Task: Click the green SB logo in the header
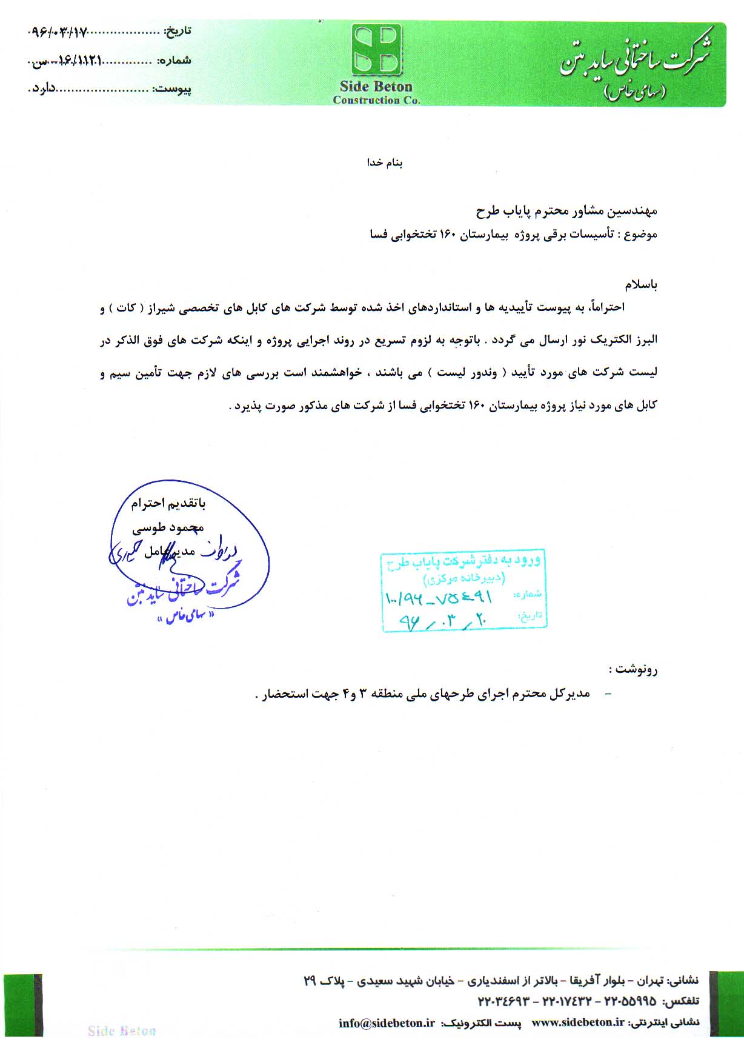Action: click(x=376, y=50)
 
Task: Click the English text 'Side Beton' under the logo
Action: click(x=376, y=87)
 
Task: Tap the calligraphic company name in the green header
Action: click(x=636, y=61)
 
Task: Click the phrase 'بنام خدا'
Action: click(x=385, y=162)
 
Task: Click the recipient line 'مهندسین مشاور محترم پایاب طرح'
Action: click(x=566, y=211)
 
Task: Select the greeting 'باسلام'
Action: click(x=641, y=284)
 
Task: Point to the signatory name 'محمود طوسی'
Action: click(x=168, y=528)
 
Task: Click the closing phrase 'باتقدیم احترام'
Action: click(x=168, y=503)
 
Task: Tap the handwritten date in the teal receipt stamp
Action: click(x=443, y=620)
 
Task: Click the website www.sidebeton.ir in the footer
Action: click(x=577, y=1022)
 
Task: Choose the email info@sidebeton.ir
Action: click(x=387, y=1023)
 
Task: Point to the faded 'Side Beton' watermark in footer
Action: click(x=122, y=1031)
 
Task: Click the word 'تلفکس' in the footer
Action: click(x=681, y=1001)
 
